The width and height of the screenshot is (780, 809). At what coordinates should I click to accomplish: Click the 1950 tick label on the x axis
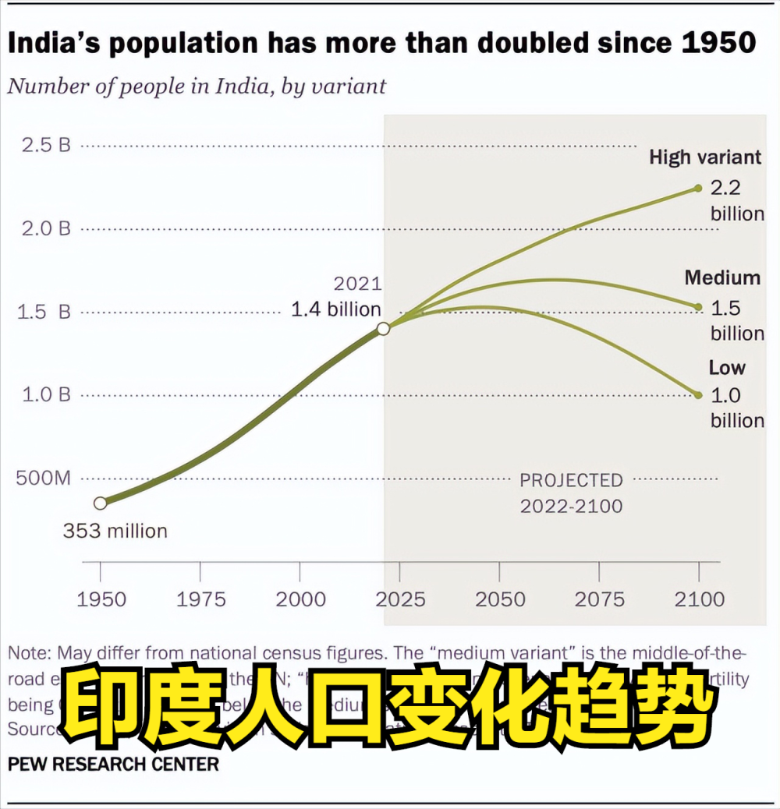coord(101,599)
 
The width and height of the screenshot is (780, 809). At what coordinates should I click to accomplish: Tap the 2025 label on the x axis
coord(400,599)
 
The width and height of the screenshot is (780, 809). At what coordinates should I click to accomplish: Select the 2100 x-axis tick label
coord(699,599)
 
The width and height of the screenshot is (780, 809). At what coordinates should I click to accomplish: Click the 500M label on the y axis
coord(43,478)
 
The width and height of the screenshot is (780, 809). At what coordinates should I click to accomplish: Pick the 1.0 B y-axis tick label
coord(46,394)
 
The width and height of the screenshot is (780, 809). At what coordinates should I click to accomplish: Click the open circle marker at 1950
coord(100,503)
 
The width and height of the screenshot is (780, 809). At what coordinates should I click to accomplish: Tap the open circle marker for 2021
coord(383,329)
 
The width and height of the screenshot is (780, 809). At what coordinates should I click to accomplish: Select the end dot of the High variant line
coord(699,188)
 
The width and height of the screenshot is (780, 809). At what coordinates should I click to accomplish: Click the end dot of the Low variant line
coord(699,395)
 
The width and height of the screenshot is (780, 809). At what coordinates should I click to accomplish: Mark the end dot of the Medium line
coord(699,307)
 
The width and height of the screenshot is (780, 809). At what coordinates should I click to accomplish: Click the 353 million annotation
coord(115,532)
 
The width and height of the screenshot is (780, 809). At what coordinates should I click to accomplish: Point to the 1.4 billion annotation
coord(336,309)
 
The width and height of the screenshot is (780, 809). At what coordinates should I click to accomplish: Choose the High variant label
coord(705,157)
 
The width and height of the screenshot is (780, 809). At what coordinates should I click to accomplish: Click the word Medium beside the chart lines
coord(722,278)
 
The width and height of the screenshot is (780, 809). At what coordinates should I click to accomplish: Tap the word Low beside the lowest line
coord(727,368)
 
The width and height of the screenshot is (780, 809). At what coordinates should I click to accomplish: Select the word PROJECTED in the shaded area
coord(572,480)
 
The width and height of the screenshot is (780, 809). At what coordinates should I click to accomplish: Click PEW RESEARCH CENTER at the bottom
coord(113,763)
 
